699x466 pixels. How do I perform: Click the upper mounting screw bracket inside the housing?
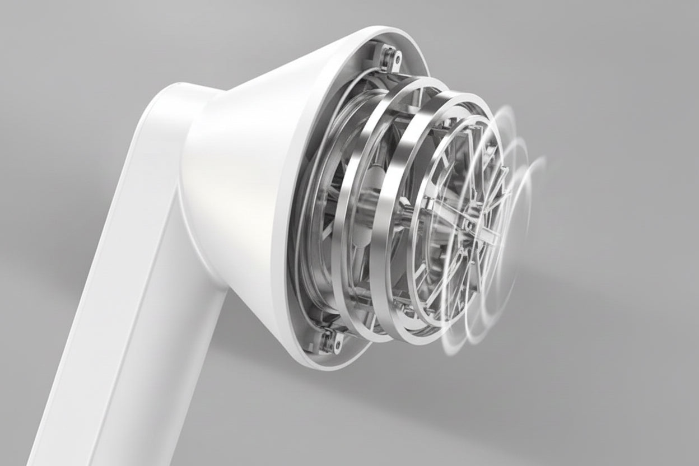click(x=389, y=57)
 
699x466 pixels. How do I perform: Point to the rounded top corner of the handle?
click(x=168, y=92)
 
